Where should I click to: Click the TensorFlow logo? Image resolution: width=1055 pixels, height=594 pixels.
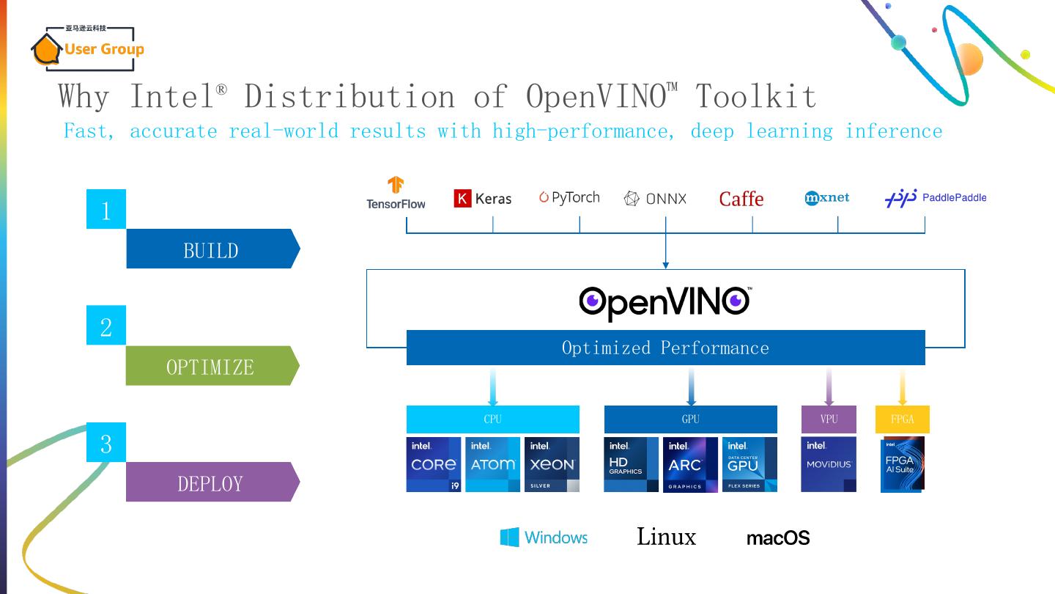(396, 194)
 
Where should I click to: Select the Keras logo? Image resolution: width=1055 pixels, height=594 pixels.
(483, 198)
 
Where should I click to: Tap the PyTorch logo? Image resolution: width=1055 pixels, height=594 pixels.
(569, 197)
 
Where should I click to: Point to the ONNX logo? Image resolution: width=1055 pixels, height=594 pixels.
(655, 198)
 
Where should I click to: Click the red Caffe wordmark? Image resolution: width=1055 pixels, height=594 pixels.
(741, 199)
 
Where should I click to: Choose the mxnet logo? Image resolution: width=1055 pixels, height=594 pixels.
(827, 197)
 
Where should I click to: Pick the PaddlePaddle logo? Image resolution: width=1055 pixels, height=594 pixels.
(936, 198)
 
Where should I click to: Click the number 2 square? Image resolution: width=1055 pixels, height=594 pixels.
(106, 325)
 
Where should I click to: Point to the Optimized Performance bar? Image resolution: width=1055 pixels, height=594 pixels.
(665, 348)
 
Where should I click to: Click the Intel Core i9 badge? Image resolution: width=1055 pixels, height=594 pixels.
(434, 464)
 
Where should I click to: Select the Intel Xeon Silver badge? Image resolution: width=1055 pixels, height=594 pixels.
(552, 464)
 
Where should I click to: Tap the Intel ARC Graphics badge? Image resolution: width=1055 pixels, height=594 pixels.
(690, 465)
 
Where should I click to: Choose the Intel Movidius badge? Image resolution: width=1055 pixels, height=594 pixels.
(829, 464)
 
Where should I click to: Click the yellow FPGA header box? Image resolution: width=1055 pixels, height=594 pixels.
(902, 419)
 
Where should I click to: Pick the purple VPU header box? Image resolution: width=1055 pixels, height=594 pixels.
(829, 419)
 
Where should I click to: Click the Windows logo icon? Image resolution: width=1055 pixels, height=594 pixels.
(509, 538)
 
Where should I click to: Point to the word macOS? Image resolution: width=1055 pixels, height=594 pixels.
(778, 538)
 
